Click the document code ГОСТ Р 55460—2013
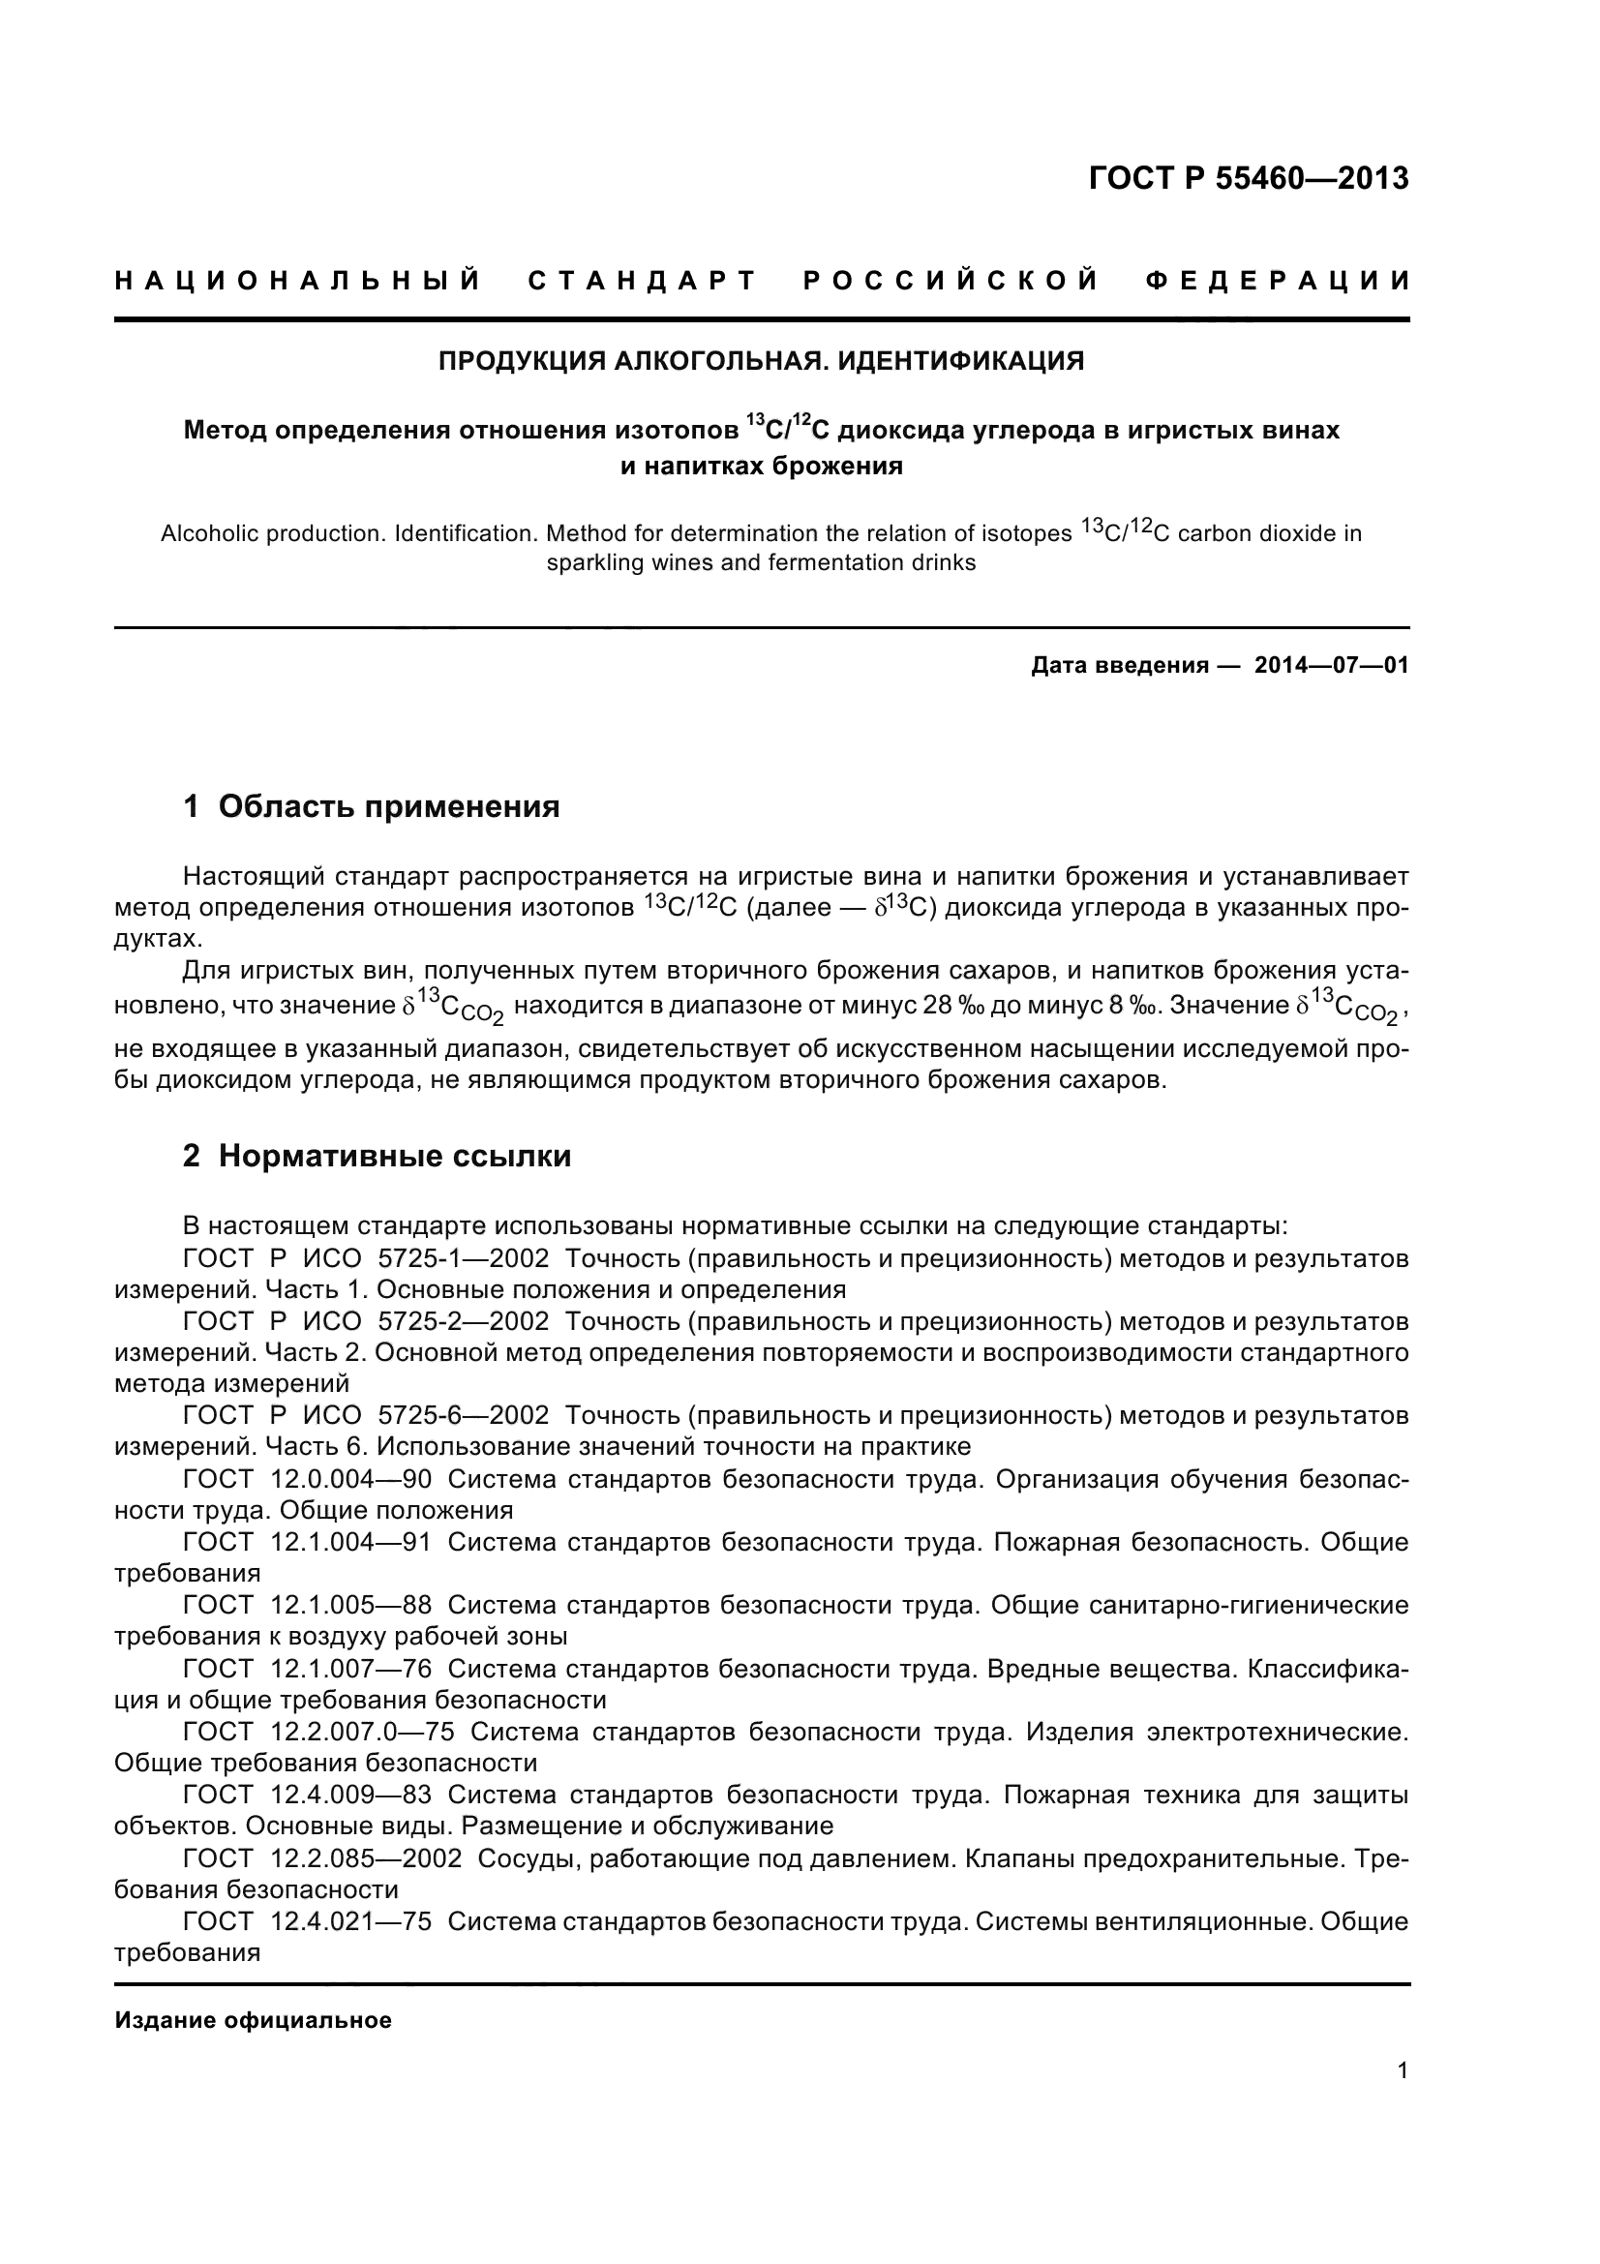pyautogui.click(x=1248, y=178)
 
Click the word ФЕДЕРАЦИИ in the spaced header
pyautogui.click(x=1278, y=282)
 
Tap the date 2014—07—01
pyautogui.click(x=1331, y=666)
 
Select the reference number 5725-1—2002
pyautogui.click(x=463, y=1259)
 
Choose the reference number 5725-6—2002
pyautogui.click(x=463, y=1417)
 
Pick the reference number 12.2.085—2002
pyautogui.click(x=365, y=1858)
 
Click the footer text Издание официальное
pyautogui.click(x=254, y=2020)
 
